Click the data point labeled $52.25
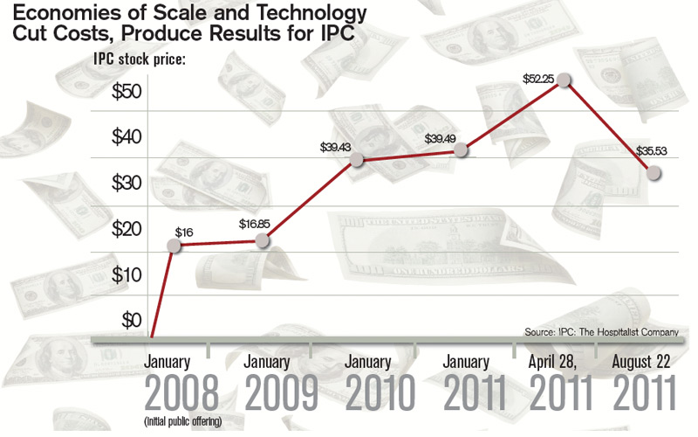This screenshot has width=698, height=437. click(x=565, y=80)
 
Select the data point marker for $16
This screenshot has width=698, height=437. click(x=174, y=246)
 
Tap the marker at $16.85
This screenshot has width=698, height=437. click(x=267, y=240)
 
